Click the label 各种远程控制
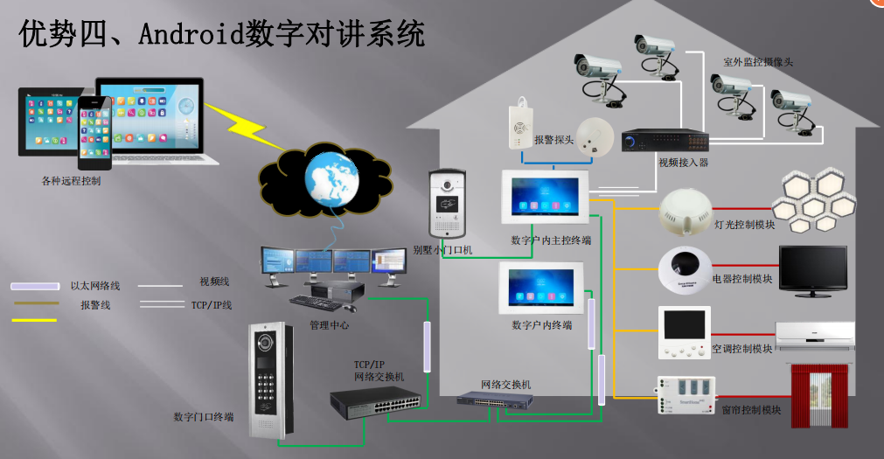(71, 181)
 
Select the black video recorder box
(665, 141)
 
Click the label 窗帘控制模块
(751, 409)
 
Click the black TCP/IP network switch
(374, 401)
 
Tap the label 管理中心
(331, 325)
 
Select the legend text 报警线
(95, 305)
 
